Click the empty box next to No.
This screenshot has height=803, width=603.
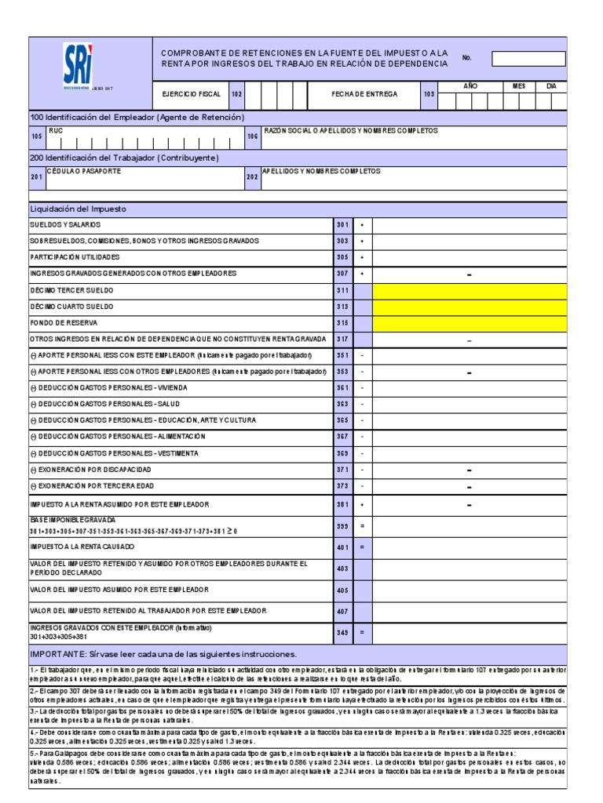pyautogui.click(x=528, y=59)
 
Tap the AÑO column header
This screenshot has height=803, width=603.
pyautogui.click(x=470, y=85)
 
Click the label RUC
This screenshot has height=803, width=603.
pyautogui.click(x=55, y=131)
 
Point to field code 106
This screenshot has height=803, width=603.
pyautogui.click(x=253, y=136)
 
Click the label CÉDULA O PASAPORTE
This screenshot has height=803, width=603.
pyautogui.click(x=77, y=170)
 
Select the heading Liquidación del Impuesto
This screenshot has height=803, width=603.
pyautogui.click(x=78, y=209)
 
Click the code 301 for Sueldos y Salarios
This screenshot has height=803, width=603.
pyautogui.click(x=342, y=225)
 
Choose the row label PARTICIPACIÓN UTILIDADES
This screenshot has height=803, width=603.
pyautogui.click(x=75, y=257)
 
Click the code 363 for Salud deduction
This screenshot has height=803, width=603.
pyautogui.click(x=342, y=405)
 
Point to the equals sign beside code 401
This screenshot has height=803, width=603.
pyautogui.click(x=362, y=547)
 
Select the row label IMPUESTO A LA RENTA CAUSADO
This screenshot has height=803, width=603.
pyautogui.click(x=82, y=546)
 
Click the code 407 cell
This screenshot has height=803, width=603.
pyautogui.click(x=342, y=611)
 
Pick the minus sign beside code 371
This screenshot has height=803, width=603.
pyautogui.click(x=362, y=471)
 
